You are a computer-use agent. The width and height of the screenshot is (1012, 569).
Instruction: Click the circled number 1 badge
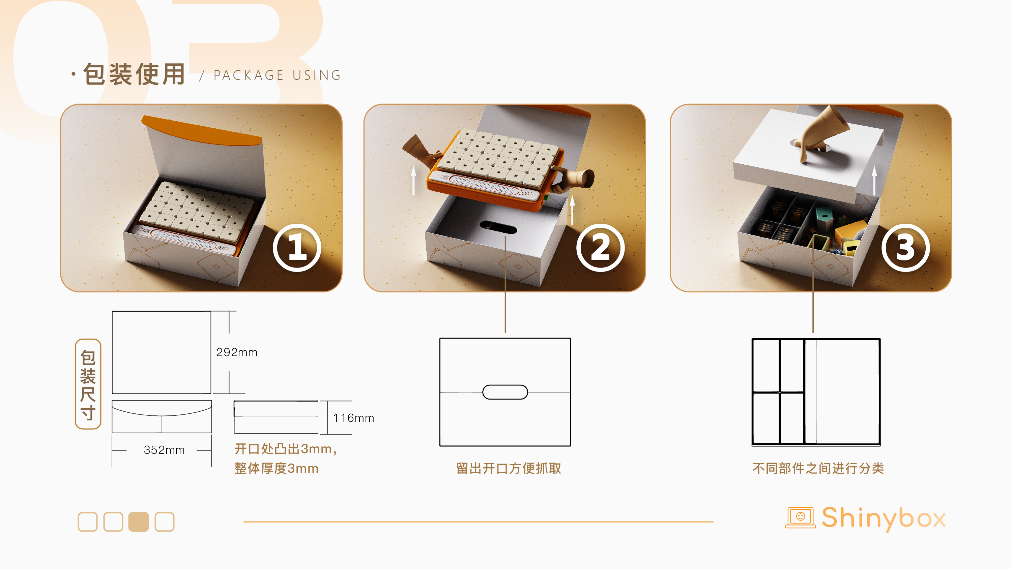click(x=297, y=248)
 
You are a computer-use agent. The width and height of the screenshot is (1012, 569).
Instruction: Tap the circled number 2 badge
click(x=600, y=248)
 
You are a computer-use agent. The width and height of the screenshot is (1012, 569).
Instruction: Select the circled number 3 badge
click(x=905, y=248)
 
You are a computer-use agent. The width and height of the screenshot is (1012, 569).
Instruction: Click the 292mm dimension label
click(x=237, y=352)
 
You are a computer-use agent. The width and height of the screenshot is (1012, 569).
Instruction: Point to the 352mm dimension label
click(x=164, y=450)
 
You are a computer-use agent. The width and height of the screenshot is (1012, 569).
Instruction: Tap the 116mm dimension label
click(x=353, y=418)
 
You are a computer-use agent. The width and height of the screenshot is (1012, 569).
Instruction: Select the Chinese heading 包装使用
click(x=134, y=74)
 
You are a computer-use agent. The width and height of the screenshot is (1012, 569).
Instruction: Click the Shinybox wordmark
click(x=884, y=518)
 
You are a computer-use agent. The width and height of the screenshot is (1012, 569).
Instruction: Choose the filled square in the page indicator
click(x=139, y=522)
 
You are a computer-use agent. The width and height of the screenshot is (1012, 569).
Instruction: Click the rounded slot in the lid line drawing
click(x=505, y=392)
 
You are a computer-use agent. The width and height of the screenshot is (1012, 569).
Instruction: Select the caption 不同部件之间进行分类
click(x=818, y=469)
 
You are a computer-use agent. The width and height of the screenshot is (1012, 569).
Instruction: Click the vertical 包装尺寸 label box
click(x=88, y=384)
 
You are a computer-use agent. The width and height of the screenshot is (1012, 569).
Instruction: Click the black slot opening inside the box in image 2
click(x=498, y=227)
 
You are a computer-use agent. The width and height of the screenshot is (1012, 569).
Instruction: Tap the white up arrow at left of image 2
click(x=413, y=180)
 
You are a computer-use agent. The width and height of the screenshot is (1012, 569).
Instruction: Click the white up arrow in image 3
click(x=874, y=181)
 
